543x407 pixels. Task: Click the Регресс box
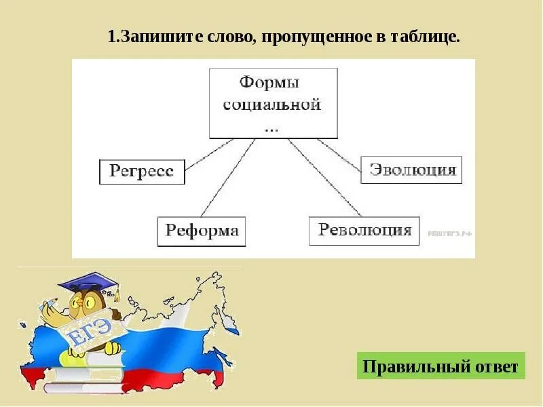click(142, 171)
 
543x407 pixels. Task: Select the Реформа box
click(202, 231)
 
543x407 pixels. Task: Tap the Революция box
click(364, 230)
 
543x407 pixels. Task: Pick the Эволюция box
click(411, 170)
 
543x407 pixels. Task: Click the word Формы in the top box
click(269, 83)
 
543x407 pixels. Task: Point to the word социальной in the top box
click(272, 105)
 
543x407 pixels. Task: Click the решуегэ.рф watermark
click(449, 232)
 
